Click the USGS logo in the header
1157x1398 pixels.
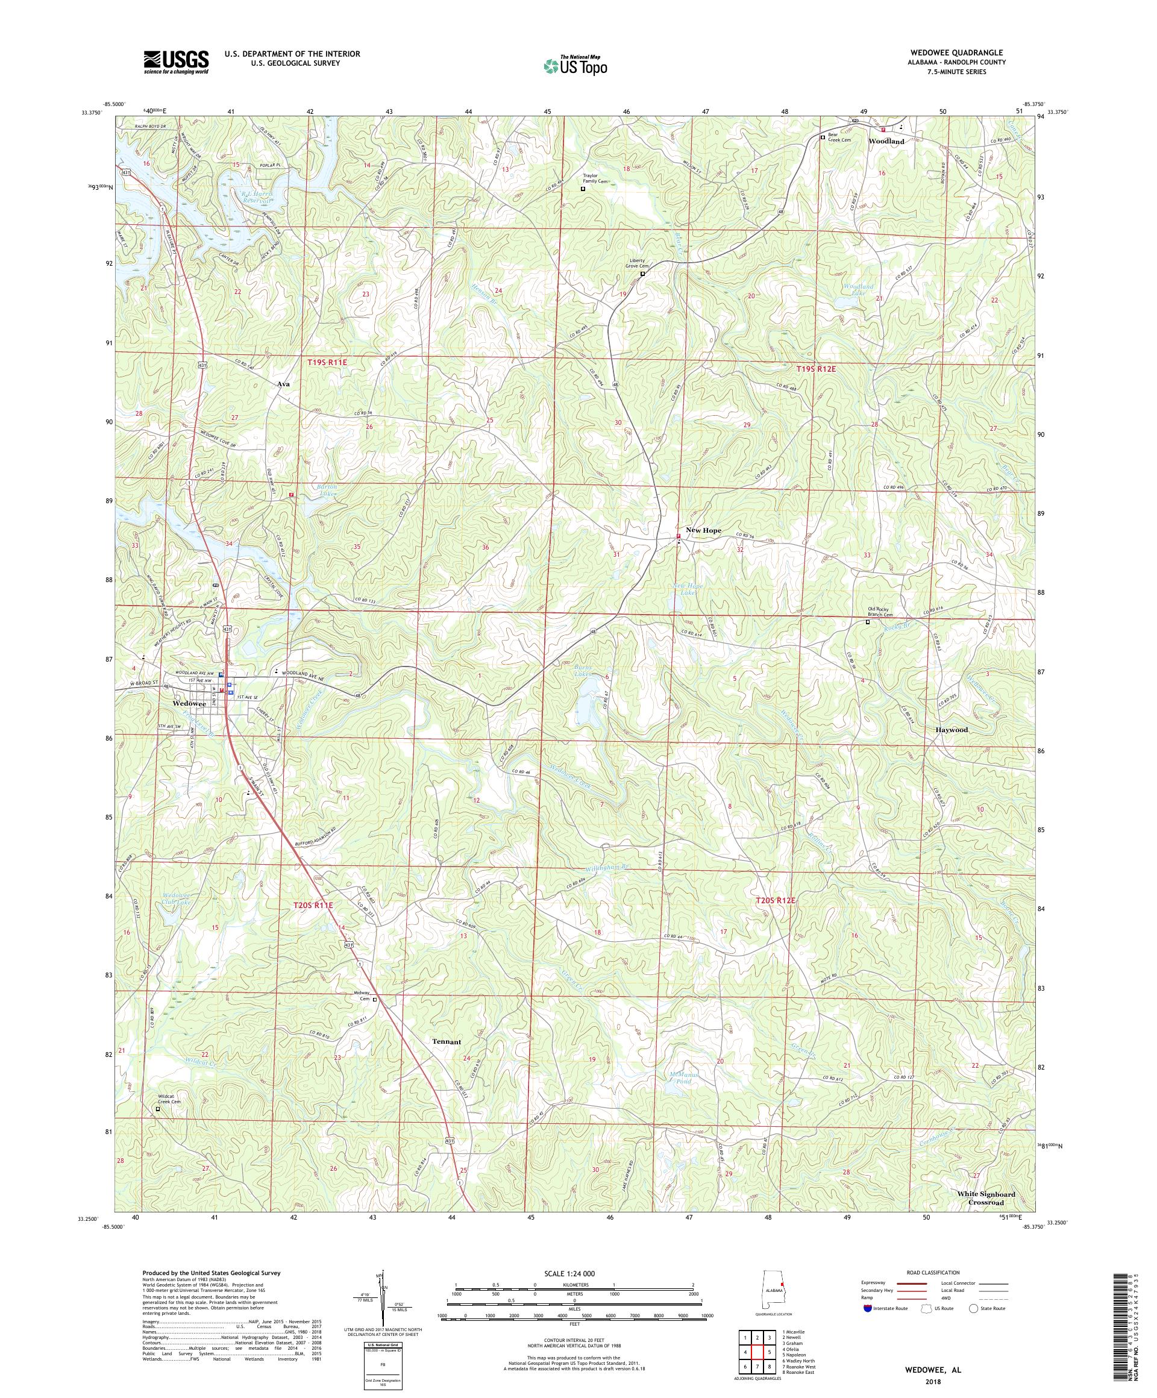[x=177, y=63]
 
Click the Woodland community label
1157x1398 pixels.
[x=886, y=142]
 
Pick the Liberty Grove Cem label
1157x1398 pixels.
[x=636, y=263]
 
